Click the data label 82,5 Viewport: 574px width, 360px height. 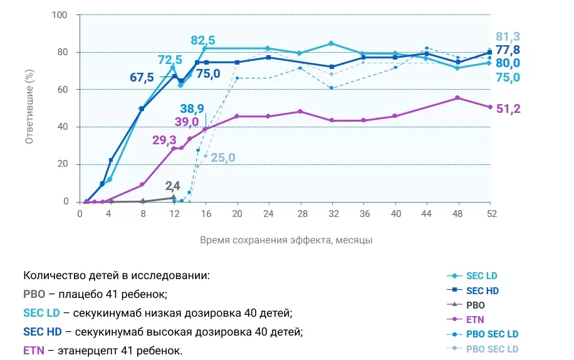click(x=202, y=41)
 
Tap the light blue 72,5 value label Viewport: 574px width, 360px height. click(x=170, y=60)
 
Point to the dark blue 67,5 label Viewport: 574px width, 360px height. click(x=142, y=78)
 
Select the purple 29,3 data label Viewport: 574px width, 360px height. click(x=164, y=140)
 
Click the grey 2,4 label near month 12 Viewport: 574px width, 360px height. click(x=173, y=186)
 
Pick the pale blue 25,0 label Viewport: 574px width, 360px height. click(x=222, y=157)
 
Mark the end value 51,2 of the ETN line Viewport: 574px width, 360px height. click(x=508, y=109)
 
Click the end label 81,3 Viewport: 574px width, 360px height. click(x=508, y=36)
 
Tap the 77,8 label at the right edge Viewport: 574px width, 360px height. click(x=508, y=50)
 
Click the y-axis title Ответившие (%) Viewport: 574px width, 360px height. click(x=29, y=108)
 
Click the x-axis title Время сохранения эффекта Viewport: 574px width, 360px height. click(x=286, y=240)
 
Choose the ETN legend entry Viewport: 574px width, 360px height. click(x=474, y=320)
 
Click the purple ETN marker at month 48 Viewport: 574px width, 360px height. click(x=457, y=98)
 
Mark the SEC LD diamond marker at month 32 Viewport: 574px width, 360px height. click(x=331, y=43)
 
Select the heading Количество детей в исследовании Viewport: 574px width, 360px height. click(x=117, y=276)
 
